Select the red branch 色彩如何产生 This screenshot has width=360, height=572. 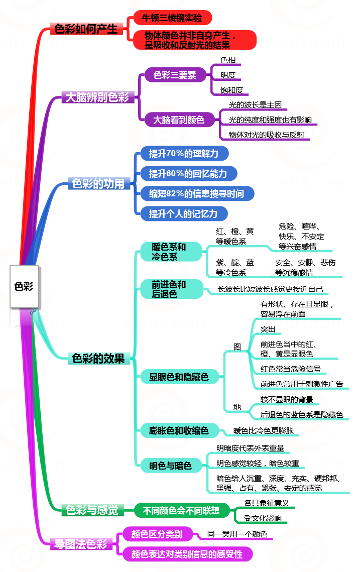(x=86, y=29)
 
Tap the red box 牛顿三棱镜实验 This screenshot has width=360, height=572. (x=172, y=18)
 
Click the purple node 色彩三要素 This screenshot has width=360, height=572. (x=174, y=75)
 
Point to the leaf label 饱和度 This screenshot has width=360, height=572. (x=231, y=90)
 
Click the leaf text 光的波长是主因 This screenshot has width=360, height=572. (x=255, y=105)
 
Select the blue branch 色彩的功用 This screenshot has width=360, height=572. (x=98, y=184)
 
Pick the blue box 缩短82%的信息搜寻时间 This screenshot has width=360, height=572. (x=196, y=193)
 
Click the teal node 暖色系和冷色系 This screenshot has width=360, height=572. (x=169, y=252)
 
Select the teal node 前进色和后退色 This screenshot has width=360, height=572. (x=169, y=289)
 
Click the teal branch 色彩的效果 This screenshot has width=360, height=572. (x=98, y=358)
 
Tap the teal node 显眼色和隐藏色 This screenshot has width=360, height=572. (x=179, y=376)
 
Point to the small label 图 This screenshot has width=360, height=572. (x=237, y=347)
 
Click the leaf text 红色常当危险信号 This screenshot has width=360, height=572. (x=290, y=369)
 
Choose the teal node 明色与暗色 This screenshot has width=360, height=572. (x=170, y=466)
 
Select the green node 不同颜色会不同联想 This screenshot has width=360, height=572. (x=181, y=511)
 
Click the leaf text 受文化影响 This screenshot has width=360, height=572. (x=263, y=518)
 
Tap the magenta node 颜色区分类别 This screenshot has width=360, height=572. (x=157, y=534)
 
